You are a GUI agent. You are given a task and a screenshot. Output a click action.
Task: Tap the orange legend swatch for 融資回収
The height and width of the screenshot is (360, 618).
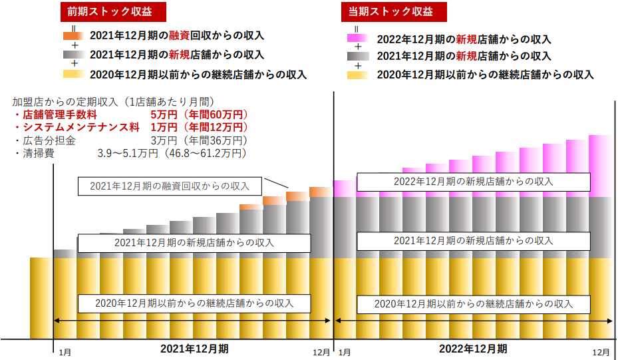(x=73, y=35)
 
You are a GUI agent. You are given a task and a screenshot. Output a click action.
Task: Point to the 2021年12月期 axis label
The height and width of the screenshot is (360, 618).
(x=194, y=348)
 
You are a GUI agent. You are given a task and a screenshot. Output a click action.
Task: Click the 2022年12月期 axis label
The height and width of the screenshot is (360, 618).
(x=473, y=348)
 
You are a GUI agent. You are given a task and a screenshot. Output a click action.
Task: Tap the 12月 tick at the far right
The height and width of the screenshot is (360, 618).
(x=601, y=351)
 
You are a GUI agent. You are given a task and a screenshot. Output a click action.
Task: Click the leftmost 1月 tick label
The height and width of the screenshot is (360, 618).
(x=65, y=351)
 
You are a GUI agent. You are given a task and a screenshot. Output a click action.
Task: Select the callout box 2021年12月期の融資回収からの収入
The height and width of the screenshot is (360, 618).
(x=171, y=187)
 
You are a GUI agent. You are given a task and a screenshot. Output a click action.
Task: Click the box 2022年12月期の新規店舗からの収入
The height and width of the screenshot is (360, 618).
(x=473, y=181)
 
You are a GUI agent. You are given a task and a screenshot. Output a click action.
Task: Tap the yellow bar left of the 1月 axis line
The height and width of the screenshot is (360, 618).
(x=41, y=296)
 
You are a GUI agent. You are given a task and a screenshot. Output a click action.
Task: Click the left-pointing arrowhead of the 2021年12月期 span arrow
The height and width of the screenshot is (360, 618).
(x=57, y=321)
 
